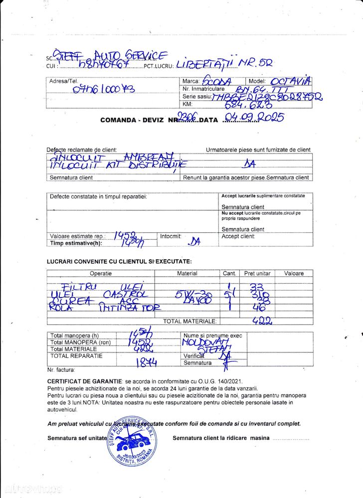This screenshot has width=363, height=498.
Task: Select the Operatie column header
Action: click(x=101, y=273)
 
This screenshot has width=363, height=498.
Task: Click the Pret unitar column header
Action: click(x=257, y=273)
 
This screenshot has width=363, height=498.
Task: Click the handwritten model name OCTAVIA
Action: click(x=290, y=80)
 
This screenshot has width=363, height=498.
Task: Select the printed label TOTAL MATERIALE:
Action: click(x=190, y=322)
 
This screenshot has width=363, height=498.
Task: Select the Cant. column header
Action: click(x=229, y=273)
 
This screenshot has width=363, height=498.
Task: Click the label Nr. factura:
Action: click(x=61, y=370)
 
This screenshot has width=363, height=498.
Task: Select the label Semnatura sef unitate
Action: click(x=77, y=438)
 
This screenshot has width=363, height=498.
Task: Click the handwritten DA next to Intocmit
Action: click(x=194, y=241)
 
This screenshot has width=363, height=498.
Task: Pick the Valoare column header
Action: click(x=294, y=273)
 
